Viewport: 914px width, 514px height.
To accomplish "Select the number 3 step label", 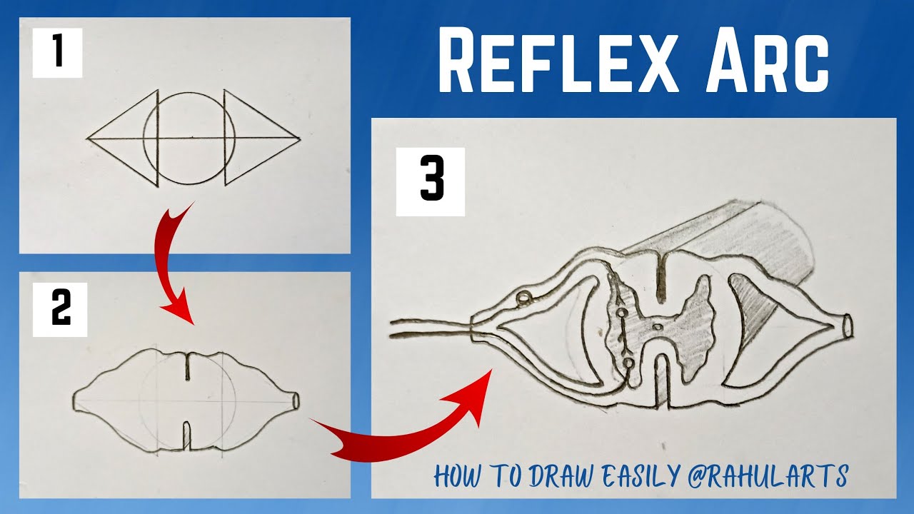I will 431,182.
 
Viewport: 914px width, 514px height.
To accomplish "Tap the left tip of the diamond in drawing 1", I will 88,137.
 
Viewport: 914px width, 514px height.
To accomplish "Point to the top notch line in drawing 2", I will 188,366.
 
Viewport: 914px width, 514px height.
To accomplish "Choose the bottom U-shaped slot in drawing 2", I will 187,435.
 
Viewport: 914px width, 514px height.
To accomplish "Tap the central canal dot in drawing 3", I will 658,328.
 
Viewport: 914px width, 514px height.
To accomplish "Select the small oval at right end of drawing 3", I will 848,326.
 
